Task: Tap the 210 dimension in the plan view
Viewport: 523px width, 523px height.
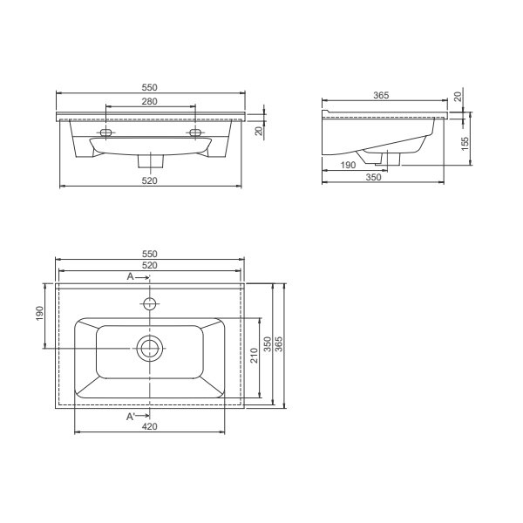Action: [x=254, y=356]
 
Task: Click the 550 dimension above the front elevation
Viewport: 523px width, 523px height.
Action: [x=150, y=88]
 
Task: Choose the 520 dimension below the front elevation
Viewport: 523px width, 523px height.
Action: [x=150, y=180]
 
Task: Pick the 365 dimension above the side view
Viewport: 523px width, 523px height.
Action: [x=379, y=95]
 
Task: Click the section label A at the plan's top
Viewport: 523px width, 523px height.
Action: [x=131, y=276]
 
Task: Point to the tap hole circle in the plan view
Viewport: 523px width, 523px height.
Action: [x=150, y=304]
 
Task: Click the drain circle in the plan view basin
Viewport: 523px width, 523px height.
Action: [x=150, y=350]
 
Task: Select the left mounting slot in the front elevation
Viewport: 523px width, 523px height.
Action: [x=106, y=132]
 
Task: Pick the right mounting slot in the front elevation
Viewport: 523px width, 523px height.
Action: [x=194, y=132]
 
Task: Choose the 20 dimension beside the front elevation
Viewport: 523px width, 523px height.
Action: [x=258, y=131]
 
